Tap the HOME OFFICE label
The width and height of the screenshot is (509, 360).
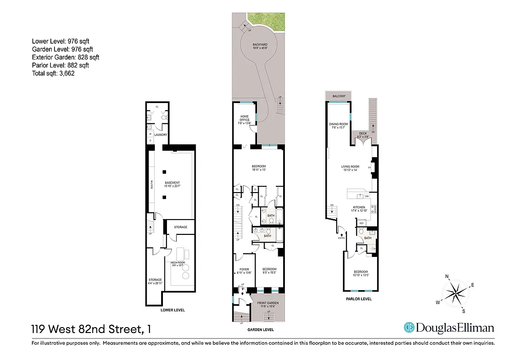(x=244, y=118)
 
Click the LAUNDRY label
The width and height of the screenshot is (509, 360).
(x=161, y=135)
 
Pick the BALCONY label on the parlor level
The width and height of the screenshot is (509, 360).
(x=339, y=96)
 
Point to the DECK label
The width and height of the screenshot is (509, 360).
(x=363, y=134)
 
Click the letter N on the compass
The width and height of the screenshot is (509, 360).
(x=447, y=277)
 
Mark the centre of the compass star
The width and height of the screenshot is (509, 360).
(x=456, y=293)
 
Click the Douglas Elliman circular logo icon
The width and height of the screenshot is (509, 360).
(x=409, y=328)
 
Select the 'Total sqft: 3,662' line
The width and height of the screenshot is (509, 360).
(x=53, y=73)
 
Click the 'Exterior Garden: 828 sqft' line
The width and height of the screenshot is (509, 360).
(x=66, y=57)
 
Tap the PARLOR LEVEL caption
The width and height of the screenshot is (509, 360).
(x=358, y=299)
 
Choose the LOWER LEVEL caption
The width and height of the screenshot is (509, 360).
(x=172, y=310)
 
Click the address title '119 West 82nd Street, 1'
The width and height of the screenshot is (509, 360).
(x=91, y=329)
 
